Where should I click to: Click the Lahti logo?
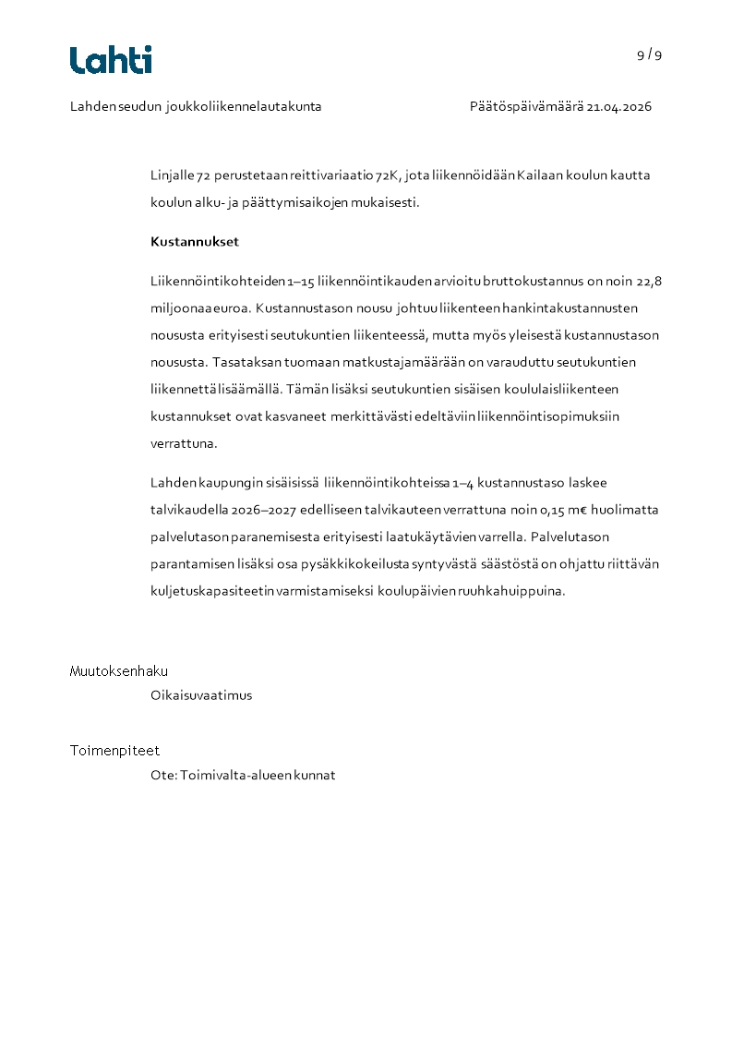pyautogui.click(x=111, y=60)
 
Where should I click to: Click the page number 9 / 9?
pyautogui.click(x=649, y=54)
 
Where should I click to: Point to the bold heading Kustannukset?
pyautogui.click(x=195, y=242)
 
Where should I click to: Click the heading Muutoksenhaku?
pyautogui.click(x=119, y=671)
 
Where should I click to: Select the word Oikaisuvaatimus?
pyautogui.click(x=201, y=695)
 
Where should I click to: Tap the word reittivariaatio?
pyautogui.click(x=332, y=175)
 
